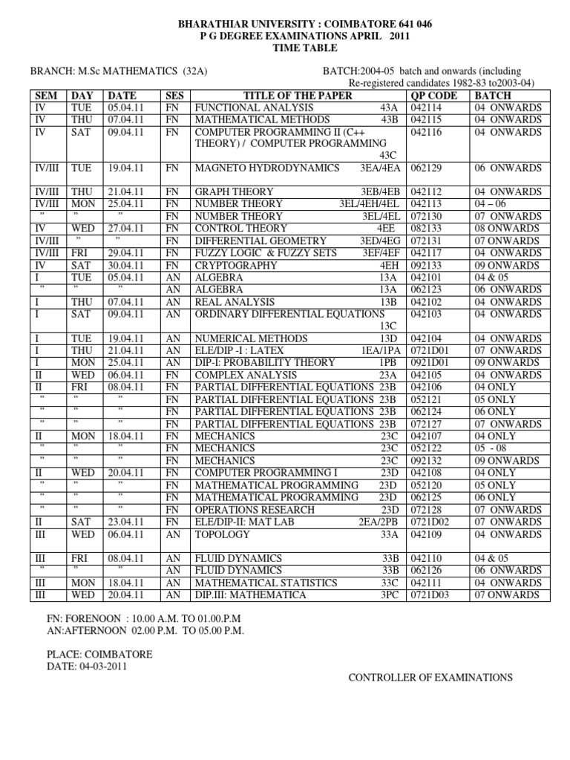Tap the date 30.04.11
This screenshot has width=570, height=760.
coord(126,265)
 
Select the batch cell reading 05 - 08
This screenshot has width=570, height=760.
coord(491,448)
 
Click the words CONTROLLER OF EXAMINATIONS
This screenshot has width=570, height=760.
coord(431,678)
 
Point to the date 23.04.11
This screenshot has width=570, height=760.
coord(126,522)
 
